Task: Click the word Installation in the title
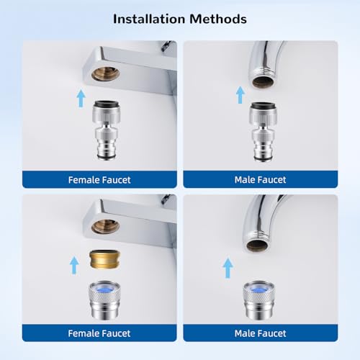coord(149,19)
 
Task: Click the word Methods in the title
coord(218,19)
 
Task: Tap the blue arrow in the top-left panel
coord(81,98)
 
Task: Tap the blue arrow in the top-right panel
coord(240,95)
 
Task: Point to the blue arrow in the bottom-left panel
coord(74,265)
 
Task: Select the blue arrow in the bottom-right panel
coord(228,268)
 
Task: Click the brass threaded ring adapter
coord(105,259)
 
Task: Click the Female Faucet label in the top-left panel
coord(99,180)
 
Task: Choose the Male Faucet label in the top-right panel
coord(260,180)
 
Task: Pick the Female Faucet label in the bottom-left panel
coord(99,333)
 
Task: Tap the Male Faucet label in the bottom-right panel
coord(260,333)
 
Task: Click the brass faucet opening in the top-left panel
coord(105,73)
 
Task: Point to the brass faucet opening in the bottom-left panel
coord(105,227)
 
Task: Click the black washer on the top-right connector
coord(262,106)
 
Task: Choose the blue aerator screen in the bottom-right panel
coord(258,287)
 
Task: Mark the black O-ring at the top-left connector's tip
coord(106,157)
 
